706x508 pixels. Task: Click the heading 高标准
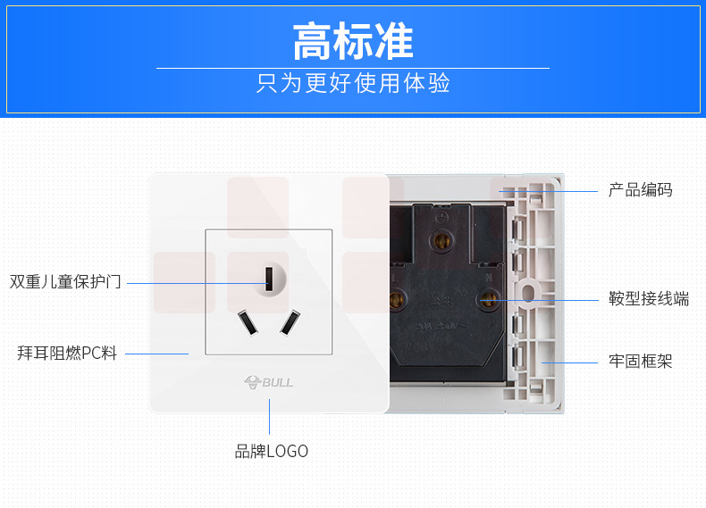tap(353, 40)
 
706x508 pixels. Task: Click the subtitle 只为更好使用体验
tap(353, 84)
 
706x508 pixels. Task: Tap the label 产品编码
tap(640, 190)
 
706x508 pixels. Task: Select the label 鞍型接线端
tap(649, 299)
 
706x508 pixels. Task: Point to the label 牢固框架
tap(640, 362)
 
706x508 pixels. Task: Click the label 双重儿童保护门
tap(65, 282)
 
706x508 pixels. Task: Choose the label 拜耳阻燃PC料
tap(67, 353)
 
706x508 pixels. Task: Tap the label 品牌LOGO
tap(272, 452)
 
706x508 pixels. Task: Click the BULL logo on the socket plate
tap(269, 382)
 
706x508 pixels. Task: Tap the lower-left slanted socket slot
tap(246, 323)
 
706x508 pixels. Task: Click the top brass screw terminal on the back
tap(441, 239)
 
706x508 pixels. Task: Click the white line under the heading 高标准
tap(353, 68)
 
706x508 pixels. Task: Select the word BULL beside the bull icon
tap(278, 382)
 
